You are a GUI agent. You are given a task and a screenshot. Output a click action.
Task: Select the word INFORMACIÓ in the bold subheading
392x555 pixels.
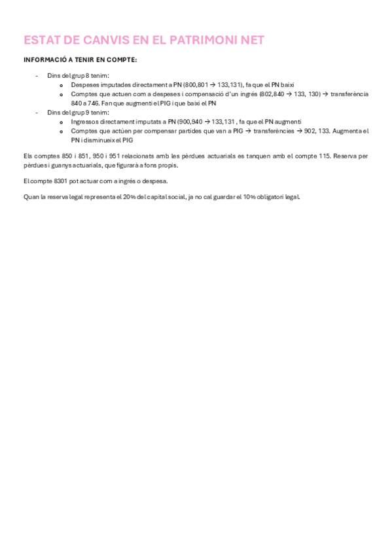point(44,60)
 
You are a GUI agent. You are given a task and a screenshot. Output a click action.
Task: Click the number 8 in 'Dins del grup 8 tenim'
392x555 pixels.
point(88,76)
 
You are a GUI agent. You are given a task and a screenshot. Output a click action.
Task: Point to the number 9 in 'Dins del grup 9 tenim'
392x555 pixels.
point(88,113)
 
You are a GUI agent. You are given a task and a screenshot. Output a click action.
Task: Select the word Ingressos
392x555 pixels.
point(86,122)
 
